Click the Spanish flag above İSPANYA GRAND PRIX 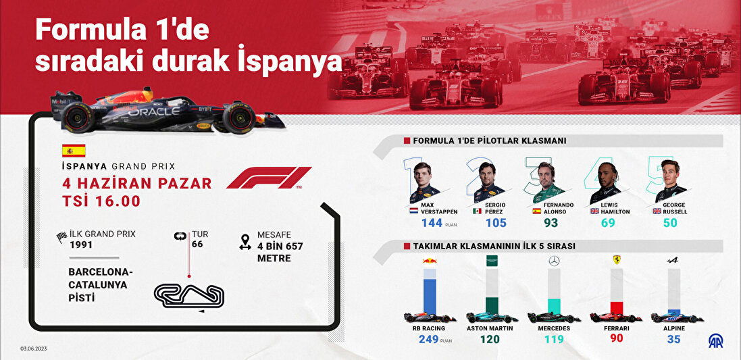(74, 151)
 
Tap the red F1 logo (268, 178)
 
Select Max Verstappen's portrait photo (424, 182)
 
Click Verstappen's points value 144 (432, 222)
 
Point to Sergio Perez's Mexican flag (478, 211)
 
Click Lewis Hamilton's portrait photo (606, 183)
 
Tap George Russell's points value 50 (670, 222)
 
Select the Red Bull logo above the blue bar (430, 260)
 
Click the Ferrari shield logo (616, 260)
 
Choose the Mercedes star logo (554, 261)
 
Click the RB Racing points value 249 (430, 339)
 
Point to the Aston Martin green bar (492, 305)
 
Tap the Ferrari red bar (616, 308)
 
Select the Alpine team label (673, 328)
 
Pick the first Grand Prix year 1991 (81, 245)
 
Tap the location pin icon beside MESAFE (245, 241)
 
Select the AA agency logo (715, 340)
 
